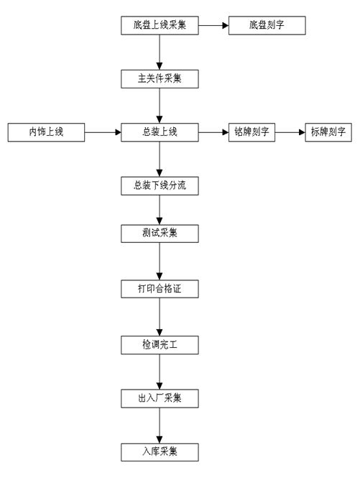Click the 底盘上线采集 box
pyautogui.click(x=159, y=27)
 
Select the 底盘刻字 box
pyautogui.click(x=267, y=27)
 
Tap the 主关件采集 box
pyautogui.click(x=159, y=78)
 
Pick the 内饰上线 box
pyautogui.click(x=46, y=132)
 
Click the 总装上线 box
pyautogui.click(x=159, y=132)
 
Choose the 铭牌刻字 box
pyautogui.click(x=251, y=132)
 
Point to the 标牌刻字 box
pyautogui.click(x=328, y=132)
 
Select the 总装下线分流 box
pyautogui.click(x=159, y=186)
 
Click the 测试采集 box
pyautogui.click(x=159, y=234)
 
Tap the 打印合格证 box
pyautogui.click(x=159, y=288)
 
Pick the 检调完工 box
pyautogui.click(x=159, y=344)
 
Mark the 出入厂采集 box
pyautogui.click(x=159, y=397)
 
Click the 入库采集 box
pyautogui.click(x=159, y=451)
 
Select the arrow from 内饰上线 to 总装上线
pyautogui.click(x=103, y=132)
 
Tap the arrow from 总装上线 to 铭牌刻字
pyautogui.click(x=213, y=132)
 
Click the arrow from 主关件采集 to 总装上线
pyautogui.click(x=159, y=105)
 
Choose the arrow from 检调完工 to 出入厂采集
pyautogui.click(x=159, y=370)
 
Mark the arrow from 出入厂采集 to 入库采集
pyautogui.click(x=159, y=424)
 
